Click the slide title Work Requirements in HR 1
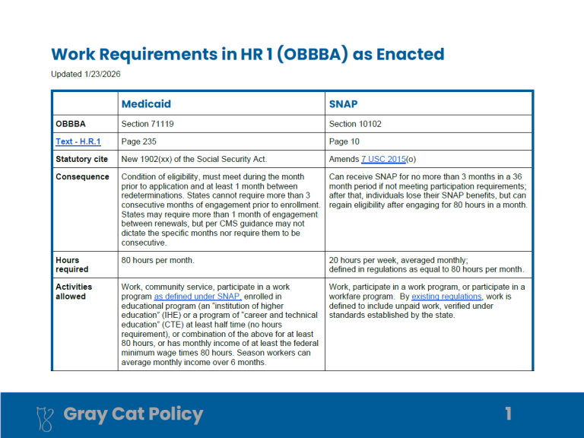click(247, 54)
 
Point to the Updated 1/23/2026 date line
click(86, 74)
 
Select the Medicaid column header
click(146, 103)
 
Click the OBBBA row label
click(71, 123)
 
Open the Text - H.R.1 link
click(78, 141)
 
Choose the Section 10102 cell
click(354, 123)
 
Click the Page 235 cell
click(139, 141)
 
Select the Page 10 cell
click(344, 141)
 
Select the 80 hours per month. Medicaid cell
click(157, 260)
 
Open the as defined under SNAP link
click(198, 296)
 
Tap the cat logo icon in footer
click(46, 415)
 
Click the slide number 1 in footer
click(509, 414)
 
